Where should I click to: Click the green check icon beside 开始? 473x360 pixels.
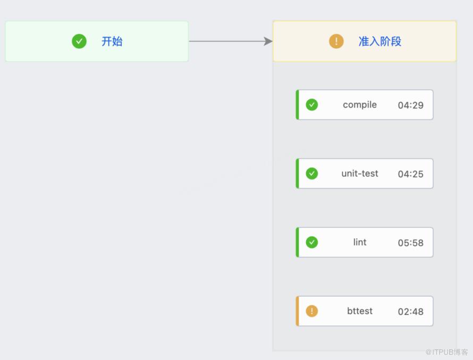tap(79, 41)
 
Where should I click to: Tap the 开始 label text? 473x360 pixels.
tap(112, 41)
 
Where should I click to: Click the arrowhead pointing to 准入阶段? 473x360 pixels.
tap(268, 41)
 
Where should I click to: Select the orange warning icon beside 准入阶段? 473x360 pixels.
tap(336, 41)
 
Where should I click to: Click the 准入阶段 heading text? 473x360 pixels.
tap(380, 41)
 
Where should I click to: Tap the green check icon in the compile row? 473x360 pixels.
tap(311, 105)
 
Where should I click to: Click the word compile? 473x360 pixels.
tap(360, 105)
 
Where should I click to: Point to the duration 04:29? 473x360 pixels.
tap(411, 105)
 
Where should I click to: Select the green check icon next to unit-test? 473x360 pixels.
tap(311, 174)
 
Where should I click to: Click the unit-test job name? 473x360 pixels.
tap(360, 174)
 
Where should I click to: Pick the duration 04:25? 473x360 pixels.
tap(411, 174)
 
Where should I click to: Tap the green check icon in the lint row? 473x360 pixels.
tap(311, 242)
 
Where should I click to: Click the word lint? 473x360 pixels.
tap(360, 242)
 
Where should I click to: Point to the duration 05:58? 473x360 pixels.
tap(411, 243)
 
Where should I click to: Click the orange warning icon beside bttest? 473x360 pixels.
tap(311, 311)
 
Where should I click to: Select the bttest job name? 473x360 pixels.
tap(360, 311)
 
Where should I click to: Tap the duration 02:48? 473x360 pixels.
tap(411, 311)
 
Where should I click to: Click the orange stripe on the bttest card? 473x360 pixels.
tap(298, 311)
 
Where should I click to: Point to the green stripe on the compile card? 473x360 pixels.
tap(298, 105)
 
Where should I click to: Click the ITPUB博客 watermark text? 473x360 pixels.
tap(446, 352)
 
